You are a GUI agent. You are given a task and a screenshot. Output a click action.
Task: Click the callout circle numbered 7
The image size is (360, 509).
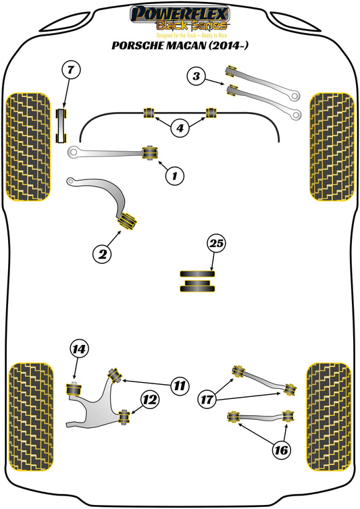point(71,70)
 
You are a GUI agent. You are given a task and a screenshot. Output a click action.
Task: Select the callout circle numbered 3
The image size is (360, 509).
point(197,77)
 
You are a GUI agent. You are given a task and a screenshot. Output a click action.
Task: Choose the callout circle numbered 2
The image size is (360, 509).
point(101,254)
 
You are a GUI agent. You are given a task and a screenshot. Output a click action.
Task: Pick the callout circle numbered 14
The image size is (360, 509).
point(79,349)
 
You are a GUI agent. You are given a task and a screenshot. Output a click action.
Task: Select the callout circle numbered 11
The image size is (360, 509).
point(178,386)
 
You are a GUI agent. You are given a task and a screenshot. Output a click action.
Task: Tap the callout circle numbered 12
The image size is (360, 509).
point(150,400)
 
